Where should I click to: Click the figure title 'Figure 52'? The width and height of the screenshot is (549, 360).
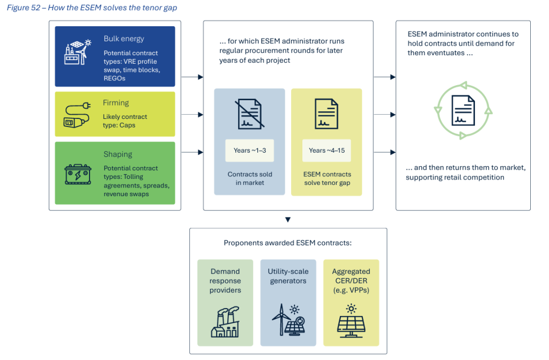[x=25, y=7]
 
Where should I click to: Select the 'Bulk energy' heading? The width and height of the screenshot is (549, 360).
[x=124, y=39]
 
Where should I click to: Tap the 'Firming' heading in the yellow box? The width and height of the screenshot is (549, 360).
[x=116, y=102]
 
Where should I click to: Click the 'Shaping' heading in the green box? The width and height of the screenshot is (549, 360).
[x=117, y=154]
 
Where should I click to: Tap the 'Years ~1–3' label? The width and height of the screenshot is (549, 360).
[x=250, y=151]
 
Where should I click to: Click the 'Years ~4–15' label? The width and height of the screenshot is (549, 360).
[x=327, y=151]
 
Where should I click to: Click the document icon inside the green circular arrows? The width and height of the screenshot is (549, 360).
[x=463, y=111]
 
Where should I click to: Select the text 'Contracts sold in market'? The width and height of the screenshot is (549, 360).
[x=250, y=179]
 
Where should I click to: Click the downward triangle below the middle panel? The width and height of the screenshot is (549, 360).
[x=288, y=219]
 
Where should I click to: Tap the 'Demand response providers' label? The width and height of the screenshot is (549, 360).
[x=225, y=281]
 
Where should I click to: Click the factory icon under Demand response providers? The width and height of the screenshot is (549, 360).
[x=225, y=322]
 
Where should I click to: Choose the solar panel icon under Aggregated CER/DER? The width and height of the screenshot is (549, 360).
[x=351, y=321]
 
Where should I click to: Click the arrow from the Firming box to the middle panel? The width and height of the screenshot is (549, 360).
[x=192, y=115]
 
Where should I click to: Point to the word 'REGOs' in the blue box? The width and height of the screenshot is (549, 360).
[x=114, y=78]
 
